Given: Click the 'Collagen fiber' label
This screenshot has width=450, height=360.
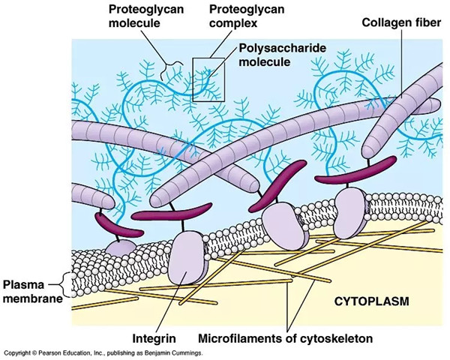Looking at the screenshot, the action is coord(401,22).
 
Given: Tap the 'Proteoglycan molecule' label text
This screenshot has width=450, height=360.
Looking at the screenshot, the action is coord(146,16).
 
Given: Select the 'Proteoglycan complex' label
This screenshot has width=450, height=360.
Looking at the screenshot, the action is coord(247,16).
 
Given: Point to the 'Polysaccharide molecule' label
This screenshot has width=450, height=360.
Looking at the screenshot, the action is coord(283,55).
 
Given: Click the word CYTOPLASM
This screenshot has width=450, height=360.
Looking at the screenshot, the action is coord(372,301).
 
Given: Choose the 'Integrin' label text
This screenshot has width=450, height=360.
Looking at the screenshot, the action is coord(154,338).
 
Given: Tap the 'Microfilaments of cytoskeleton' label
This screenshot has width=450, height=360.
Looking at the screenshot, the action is coord(286,338).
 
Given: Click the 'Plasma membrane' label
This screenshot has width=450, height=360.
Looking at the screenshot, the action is coord(32,292).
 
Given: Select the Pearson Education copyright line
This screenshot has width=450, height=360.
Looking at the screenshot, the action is coord(103,353).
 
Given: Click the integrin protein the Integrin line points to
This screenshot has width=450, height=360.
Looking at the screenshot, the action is coord(187,258).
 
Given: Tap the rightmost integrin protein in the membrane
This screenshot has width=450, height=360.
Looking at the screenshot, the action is coord(350,214).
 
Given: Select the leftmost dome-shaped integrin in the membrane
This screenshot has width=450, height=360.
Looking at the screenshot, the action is coord(121,247).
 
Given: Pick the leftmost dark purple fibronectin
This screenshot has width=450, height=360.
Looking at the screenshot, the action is coord(118,224).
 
